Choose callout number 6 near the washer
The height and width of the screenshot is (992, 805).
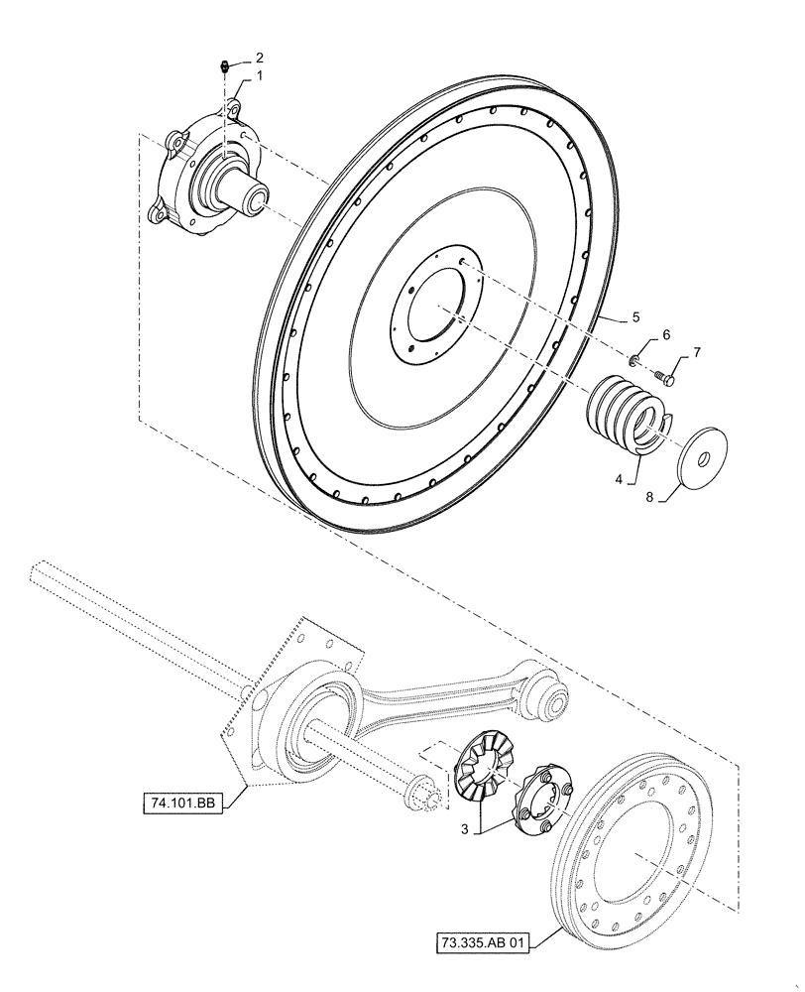pos(666,335)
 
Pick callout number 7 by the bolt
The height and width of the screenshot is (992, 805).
pos(696,352)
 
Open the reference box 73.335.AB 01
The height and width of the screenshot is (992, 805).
pos(482,940)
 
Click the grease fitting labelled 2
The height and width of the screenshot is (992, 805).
pos(225,67)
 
